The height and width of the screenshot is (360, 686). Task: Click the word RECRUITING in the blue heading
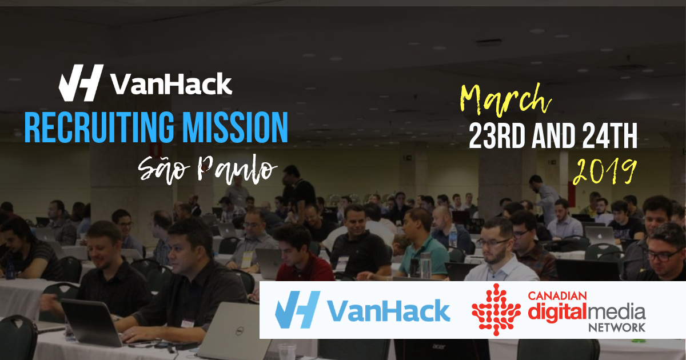(98, 127)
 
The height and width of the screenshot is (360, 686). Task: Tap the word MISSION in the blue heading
(237, 127)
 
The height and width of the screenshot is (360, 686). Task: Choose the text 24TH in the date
(609, 136)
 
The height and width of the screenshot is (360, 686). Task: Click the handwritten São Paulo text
(208, 170)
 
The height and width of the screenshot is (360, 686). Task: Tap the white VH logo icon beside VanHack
(81, 83)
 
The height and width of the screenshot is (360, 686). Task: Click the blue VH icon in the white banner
(297, 310)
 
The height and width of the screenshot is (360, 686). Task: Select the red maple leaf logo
(496, 309)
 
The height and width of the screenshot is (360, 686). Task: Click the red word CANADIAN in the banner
(557, 296)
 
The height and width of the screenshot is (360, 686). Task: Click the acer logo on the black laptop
(439, 346)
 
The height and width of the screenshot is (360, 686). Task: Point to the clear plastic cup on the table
(287, 352)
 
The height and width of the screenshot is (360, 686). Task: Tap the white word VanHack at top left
(171, 83)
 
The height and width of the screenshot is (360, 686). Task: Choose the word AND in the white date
(553, 136)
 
